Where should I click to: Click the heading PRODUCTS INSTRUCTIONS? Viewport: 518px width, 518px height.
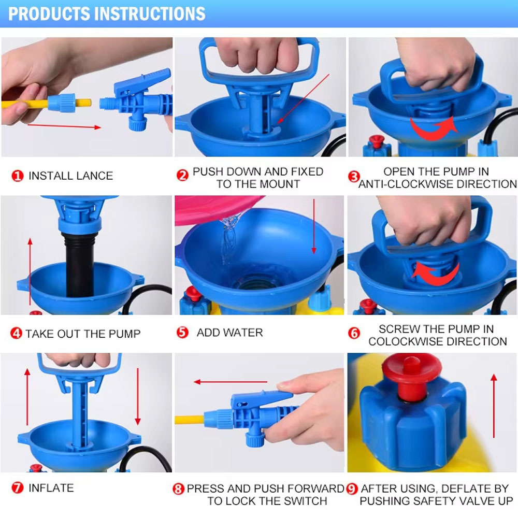(107, 14)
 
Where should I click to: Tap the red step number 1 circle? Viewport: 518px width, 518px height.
(18, 176)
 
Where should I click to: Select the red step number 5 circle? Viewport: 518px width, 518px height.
(182, 333)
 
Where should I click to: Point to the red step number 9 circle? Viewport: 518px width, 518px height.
(352, 488)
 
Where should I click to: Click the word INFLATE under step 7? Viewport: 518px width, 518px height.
(51, 488)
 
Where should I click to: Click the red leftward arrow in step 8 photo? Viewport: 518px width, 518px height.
(231, 382)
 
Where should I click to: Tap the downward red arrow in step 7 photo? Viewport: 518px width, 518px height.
(138, 396)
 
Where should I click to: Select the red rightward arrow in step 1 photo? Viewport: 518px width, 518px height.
(64, 126)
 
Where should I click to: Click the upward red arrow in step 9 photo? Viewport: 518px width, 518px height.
(494, 406)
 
